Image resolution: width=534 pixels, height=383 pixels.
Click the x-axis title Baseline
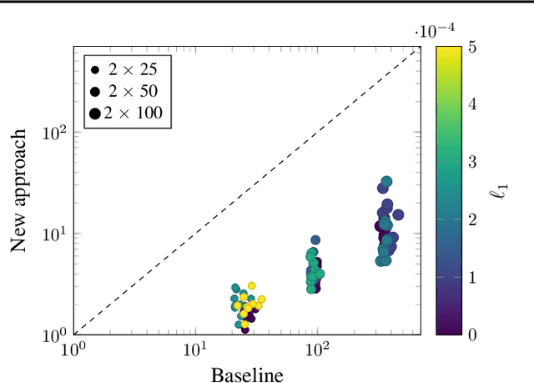click(246, 375)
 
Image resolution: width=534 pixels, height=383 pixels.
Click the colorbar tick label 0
click(472, 335)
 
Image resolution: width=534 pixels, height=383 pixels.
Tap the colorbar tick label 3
click(472, 161)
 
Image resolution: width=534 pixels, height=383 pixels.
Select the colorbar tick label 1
click(472, 277)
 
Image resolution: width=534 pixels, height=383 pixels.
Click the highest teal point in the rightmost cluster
click(386, 181)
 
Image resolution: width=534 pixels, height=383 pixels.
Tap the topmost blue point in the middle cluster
click(315, 240)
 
